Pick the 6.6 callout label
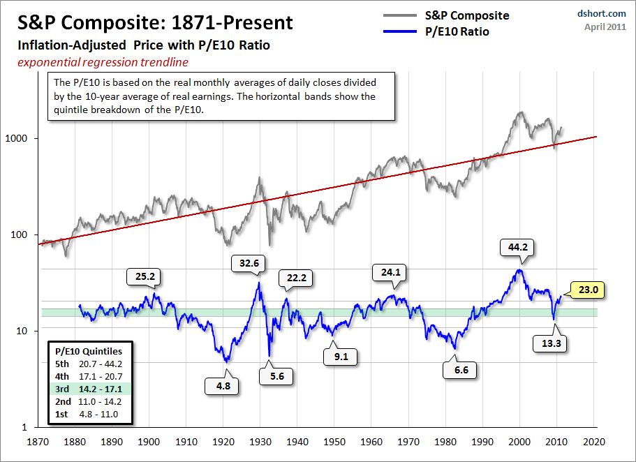(x=461, y=369)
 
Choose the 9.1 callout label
(x=341, y=357)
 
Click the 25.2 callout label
(x=145, y=276)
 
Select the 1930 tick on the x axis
(x=260, y=442)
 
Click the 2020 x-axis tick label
(x=594, y=442)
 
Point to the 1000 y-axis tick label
(x=25, y=138)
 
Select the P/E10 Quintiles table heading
(x=89, y=351)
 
